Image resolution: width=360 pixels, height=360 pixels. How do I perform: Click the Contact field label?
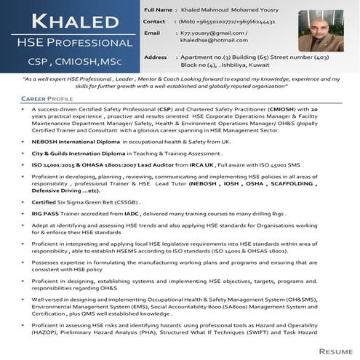pyautogui.click(x=156, y=22)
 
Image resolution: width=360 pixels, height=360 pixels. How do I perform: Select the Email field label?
pyautogui.click(x=152, y=33)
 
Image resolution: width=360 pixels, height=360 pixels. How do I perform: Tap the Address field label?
pyautogui.click(x=156, y=57)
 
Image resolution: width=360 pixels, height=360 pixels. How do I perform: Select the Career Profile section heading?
pyautogui.click(x=47, y=97)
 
